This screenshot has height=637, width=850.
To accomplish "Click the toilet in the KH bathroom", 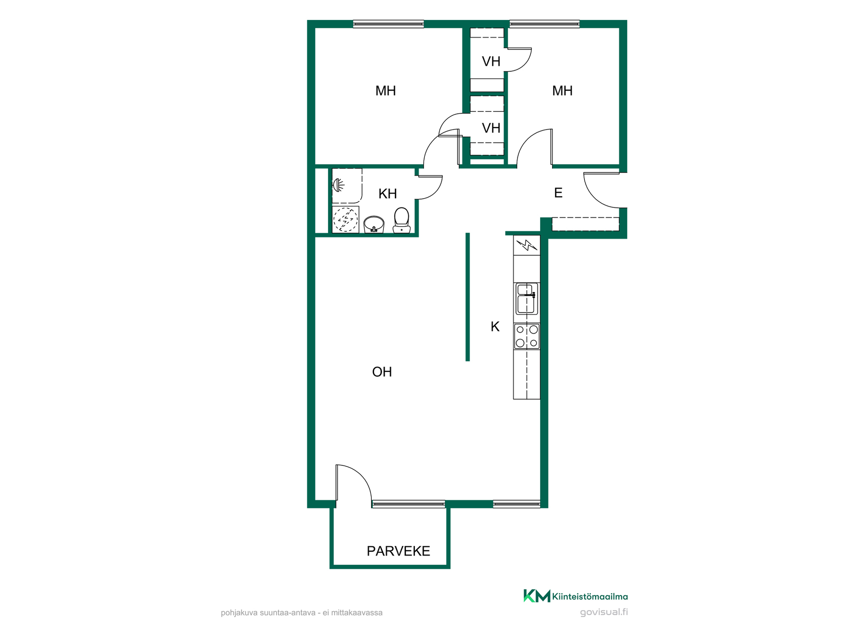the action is [402, 220].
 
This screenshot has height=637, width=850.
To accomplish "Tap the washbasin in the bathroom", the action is [374, 224].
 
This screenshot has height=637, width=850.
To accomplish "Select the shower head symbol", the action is [338, 185].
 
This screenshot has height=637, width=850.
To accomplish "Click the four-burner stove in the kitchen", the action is [527, 336].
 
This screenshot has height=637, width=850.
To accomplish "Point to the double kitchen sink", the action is [527, 299].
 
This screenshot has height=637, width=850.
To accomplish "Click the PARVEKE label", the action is [398, 551].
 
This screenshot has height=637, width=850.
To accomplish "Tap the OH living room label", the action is [382, 372].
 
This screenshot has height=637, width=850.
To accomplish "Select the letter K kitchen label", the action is [495, 326].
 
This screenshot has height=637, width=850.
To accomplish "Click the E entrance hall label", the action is [558, 193].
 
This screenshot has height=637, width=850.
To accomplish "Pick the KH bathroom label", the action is [388, 194].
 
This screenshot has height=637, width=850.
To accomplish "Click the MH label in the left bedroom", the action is [386, 91].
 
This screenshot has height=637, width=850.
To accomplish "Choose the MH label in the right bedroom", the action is [562, 91].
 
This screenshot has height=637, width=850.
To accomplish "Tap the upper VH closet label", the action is [491, 61].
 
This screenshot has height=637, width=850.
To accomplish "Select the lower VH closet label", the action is [491, 128].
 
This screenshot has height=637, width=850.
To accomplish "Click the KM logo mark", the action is [537, 596].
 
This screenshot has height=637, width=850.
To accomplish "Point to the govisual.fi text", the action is [604, 612].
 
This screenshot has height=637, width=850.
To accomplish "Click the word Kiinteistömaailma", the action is [590, 596].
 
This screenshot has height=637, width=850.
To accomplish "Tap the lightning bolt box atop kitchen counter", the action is [527, 245].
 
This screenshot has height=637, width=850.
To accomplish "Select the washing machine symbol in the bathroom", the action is [345, 219].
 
